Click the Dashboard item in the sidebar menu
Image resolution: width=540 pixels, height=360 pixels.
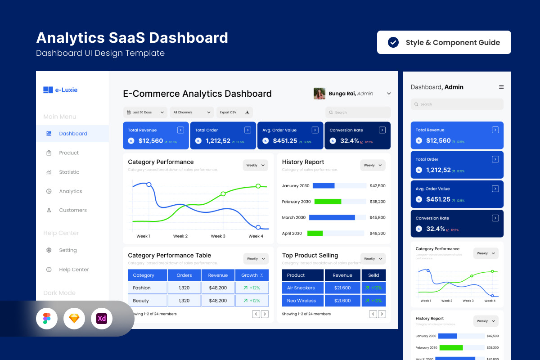click(72, 134)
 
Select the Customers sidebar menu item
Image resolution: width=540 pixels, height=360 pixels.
click(72, 210)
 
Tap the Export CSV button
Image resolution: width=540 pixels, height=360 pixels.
click(234, 112)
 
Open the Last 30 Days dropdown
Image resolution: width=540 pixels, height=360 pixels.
click(145, 112)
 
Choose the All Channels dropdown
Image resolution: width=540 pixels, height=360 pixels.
click(192, 112)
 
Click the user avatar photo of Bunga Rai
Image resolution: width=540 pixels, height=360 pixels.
click(319, 94)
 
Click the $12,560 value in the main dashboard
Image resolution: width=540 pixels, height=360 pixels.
click(150, 141)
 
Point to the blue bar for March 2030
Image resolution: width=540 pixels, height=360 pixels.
click(332, 217)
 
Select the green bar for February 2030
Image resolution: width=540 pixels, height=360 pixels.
click(328, 202)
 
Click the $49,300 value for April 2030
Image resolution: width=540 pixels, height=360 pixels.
click(377, 234)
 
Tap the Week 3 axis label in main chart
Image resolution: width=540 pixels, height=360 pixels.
click(218, 236)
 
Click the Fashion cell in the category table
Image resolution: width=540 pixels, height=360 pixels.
click(142, 288)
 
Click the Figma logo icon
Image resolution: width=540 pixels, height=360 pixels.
click(47, 319)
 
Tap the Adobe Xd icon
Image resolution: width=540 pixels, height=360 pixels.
click(102, 319)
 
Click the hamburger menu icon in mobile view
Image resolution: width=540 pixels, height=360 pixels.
click(501, 87)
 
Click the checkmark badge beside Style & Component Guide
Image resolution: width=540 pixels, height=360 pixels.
click(393, 42)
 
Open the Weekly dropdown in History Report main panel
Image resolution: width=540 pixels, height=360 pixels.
click(373, 165)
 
